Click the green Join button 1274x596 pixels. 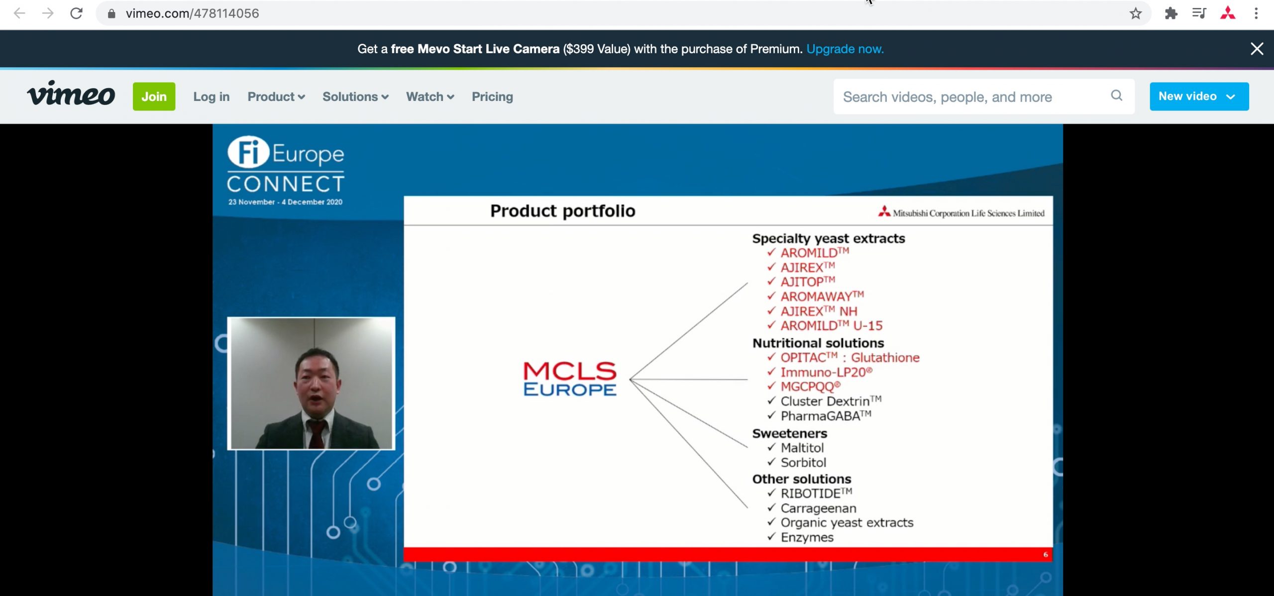[154, 97]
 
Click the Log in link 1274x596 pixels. [211, 97]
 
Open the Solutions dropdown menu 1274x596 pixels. [355, 97]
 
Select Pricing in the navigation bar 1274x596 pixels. [492, 97]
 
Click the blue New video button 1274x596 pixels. [1198, 97]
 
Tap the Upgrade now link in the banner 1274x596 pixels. [845, 49]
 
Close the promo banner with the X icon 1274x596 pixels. [1257, 49]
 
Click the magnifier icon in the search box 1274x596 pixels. [1116, 96]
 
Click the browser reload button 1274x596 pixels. [76, 13]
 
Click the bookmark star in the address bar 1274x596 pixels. [1135, 13]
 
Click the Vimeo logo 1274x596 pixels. [71, 95]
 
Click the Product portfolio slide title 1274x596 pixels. [562, 211]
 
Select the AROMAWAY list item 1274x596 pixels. [821, 297]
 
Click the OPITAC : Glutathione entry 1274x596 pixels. [849, 358]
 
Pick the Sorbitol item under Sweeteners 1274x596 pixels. [803, 463]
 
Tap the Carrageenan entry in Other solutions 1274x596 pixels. [818, 508]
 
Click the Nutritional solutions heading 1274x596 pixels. [818, 343]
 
